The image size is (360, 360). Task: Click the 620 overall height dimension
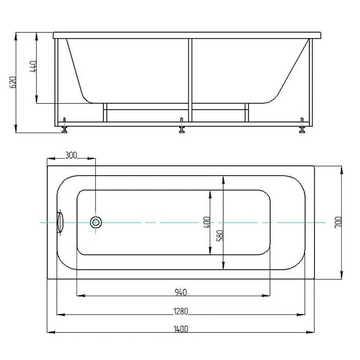pyautogui.click(x=13, y=82)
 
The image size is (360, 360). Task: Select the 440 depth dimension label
pyautogui.click(x=33, y=66)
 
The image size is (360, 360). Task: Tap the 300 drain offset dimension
pyautogui.click(x=71, y=155)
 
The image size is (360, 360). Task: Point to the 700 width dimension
pyautogui.click(x=338, y=222)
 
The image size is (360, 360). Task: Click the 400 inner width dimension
pyautogui.click(x=207, y=222)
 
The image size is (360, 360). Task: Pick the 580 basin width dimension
pyautogui.click(x=220, y=236)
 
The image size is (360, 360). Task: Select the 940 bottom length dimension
pyautogui.click(x=181, y=292)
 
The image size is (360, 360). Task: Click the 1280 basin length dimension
pyautogui.click(x=181, y=311)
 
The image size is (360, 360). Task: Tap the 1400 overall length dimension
pyautogui.click(x=181, y=329)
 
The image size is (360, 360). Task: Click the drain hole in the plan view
pyautogui.click(x=96, y=222)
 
